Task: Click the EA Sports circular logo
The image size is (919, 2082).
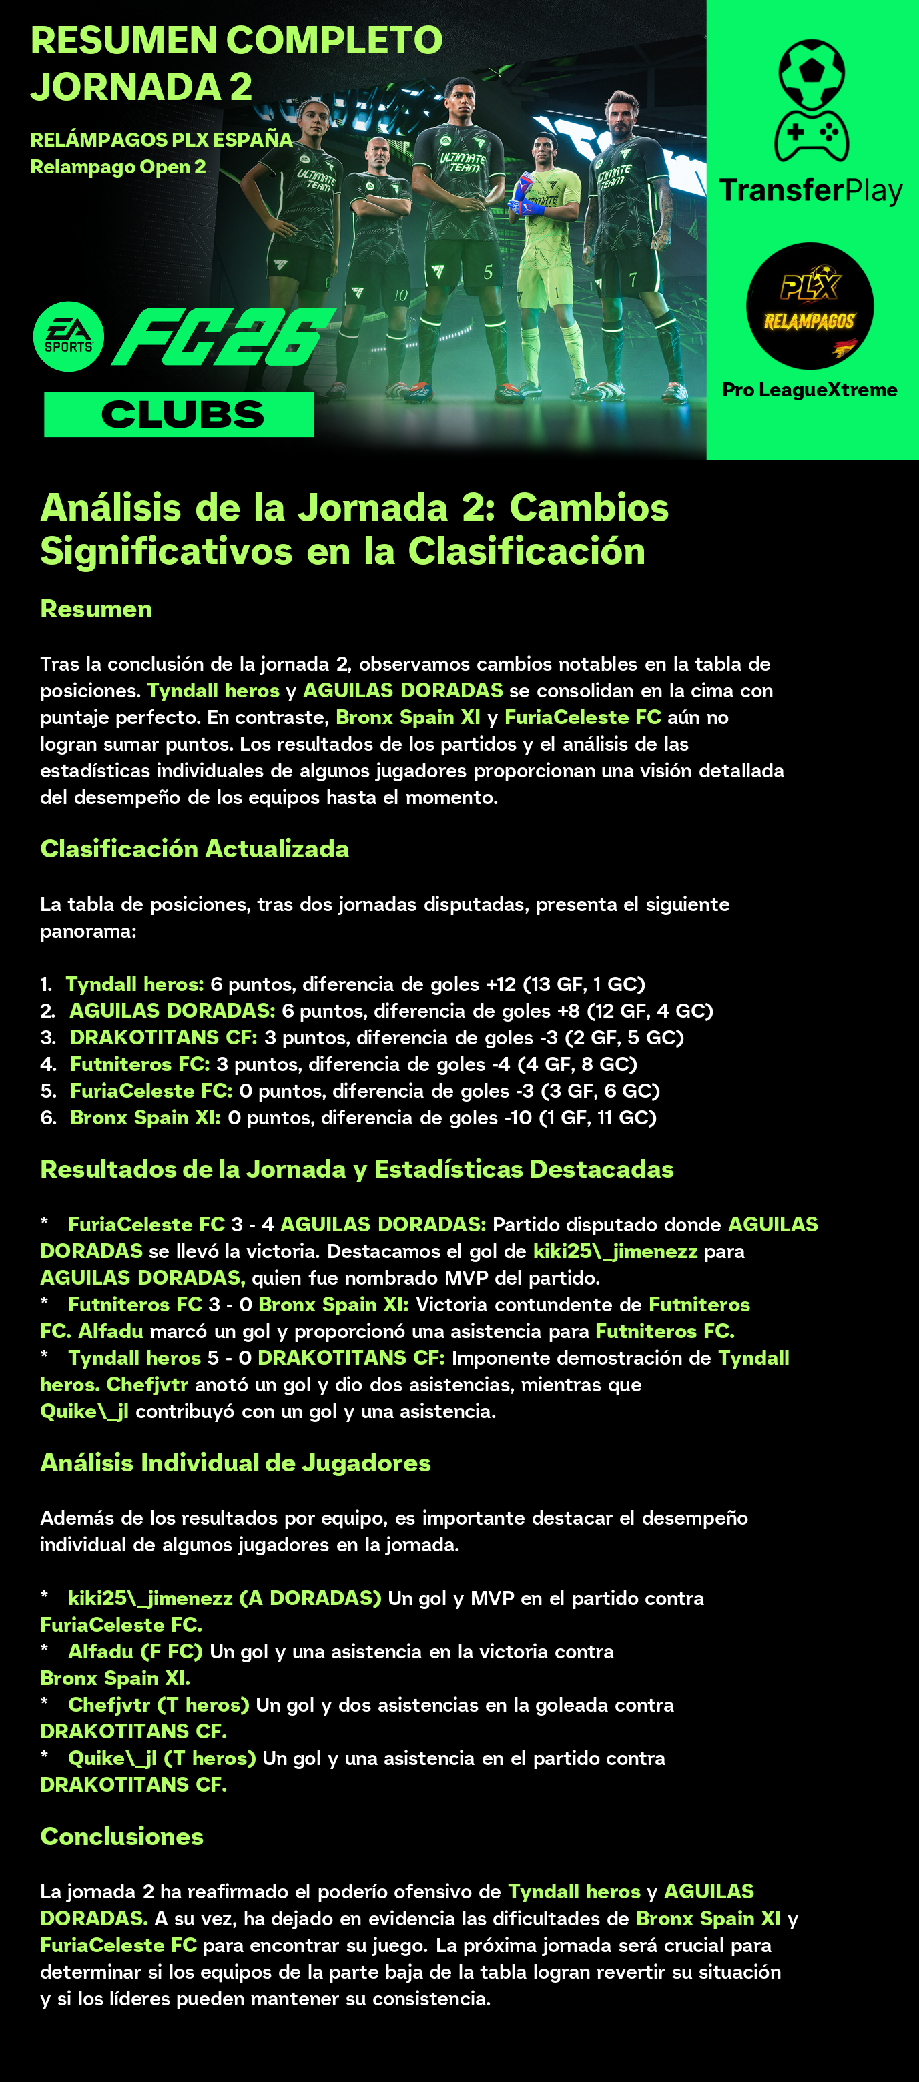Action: pos(69,336)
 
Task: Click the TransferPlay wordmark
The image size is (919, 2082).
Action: pos(811,191)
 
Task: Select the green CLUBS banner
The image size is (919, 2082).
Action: pos(180,414)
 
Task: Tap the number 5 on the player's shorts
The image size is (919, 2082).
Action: pos(487,272)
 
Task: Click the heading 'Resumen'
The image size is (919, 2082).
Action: pos(96,609)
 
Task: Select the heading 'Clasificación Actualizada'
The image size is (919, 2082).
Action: pos(195,849)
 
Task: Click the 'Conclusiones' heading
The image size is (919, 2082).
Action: pos(122,1836)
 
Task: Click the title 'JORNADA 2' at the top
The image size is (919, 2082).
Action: pos(141,87)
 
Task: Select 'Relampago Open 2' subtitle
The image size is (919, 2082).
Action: pos(118,167)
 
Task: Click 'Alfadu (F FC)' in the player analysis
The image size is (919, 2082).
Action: pos(135,1651)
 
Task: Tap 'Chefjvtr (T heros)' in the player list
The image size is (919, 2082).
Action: pos(158,1704)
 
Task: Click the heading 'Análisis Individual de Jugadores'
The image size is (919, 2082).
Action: pos(235,1463)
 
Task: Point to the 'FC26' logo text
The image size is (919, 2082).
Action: pos(222,336)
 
